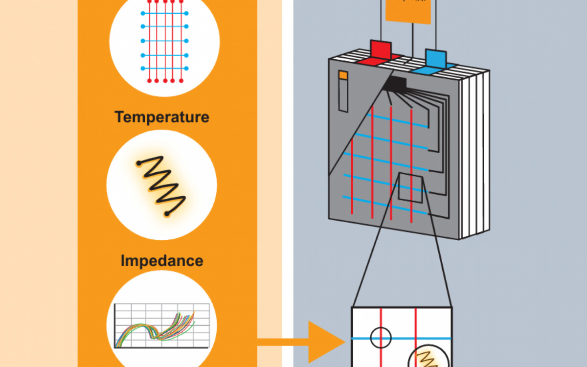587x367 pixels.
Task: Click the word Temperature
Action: click(161, 117)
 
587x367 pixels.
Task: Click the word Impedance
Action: click(161, 261)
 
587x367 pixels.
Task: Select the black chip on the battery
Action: click(396, 84)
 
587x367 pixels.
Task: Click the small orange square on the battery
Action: click(343, 75)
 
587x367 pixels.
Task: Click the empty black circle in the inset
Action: click(381, 337)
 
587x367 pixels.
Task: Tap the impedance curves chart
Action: click(161, 325)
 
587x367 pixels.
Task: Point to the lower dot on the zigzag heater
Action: click(167, 214)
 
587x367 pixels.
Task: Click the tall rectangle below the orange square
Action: click(343, 96)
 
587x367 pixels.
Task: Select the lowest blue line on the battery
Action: click(386, 205)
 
